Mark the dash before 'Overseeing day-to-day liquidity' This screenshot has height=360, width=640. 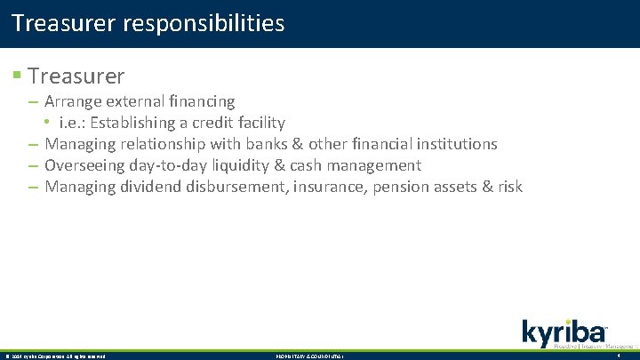point(33,165)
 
